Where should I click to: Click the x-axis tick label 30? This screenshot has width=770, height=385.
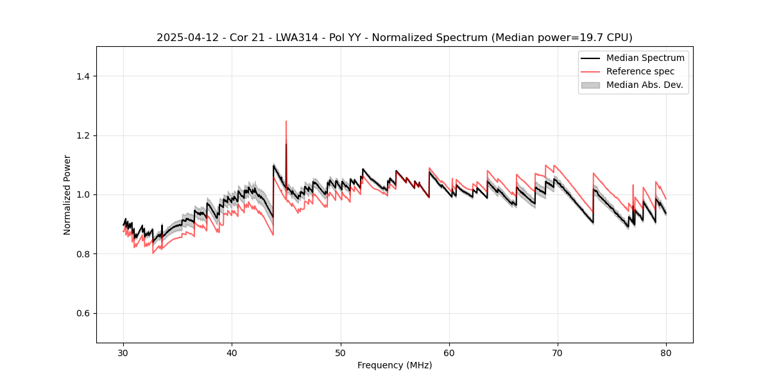point(124,352)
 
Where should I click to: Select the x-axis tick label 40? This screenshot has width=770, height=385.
point(232,352)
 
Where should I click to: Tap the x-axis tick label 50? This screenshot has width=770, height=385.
point(341,352)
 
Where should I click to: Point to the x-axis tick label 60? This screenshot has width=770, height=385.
point(449,352)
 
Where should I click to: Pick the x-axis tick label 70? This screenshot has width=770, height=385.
point(558,352)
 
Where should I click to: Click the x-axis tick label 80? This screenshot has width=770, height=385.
point(666,352)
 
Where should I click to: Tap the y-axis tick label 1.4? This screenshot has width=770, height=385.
point(82,76)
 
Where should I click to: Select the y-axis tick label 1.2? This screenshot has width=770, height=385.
point(82,135)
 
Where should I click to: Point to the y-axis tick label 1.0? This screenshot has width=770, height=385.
point(82,194)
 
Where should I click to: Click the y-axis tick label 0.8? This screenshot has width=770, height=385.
point(82,254)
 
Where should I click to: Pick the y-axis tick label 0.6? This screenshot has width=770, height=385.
point(82,313)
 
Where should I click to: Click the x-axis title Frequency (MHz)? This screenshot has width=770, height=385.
point(395,365)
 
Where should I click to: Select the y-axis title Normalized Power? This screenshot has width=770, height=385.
point(67,194)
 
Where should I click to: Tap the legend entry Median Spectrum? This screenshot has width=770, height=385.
point(645,58)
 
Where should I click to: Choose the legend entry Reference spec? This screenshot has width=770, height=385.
point(640,71)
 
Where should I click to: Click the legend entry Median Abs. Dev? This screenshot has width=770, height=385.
point(644,85)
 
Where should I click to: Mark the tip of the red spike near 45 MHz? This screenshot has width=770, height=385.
point(286,121)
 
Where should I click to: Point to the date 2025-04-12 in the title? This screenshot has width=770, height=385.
point(186,38)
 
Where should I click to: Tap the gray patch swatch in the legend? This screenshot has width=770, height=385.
point(590,85)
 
